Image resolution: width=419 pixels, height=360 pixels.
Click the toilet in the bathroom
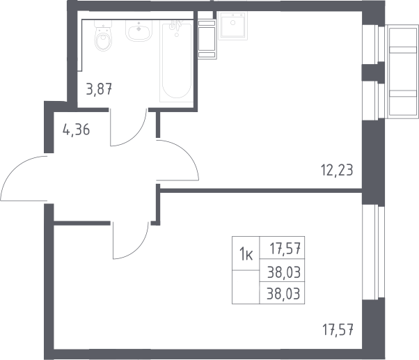103,36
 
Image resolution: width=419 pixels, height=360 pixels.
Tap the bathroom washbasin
139,31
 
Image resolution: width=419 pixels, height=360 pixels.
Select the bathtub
176,62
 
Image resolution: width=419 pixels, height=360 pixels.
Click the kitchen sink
232,26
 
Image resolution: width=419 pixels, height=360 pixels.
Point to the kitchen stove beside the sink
207,39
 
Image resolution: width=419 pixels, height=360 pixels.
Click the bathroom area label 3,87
99,89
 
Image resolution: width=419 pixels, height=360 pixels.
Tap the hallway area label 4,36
76,130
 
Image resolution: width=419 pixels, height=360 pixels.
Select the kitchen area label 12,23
337,170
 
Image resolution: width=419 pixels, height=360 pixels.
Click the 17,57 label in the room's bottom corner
338,330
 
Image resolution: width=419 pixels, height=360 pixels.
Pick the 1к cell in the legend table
246,253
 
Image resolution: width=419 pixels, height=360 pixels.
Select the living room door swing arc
140,249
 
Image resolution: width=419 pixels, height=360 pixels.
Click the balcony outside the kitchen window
402,71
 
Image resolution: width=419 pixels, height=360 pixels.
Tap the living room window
373,252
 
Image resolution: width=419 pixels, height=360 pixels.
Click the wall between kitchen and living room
261,191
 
